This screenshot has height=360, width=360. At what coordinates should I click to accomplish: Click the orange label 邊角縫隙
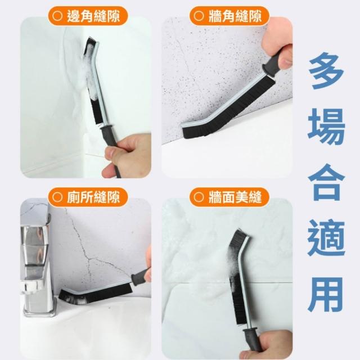pyautogui.click(x=88, y=16)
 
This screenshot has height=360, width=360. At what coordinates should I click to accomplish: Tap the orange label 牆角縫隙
pyautogui.click(x=229, y=16)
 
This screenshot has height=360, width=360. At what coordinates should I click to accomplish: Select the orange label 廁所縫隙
pyautogui.click(x=88, y=197)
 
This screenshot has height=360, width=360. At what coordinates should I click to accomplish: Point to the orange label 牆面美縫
pyautogui.click(x=229, y=197)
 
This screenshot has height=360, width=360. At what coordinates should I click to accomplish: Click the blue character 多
pyautogui.click(x=326, y=71)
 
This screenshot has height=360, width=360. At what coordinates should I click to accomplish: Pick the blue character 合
pyautogui.click(x=326, y=182)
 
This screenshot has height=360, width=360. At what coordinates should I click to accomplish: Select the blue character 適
pyautogui.click(x=326, y=238)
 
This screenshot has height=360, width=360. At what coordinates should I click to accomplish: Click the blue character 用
pyautogui.click(x=326, y=294)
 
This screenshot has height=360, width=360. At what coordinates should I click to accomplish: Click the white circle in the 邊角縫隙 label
pyautogui.click(x=57, y=16)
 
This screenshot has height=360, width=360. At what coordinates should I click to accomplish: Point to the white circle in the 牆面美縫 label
pyautogui.click(x=199, y=197)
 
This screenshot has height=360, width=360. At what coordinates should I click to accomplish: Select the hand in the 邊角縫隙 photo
pyautogui.click(x=128, y=155)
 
